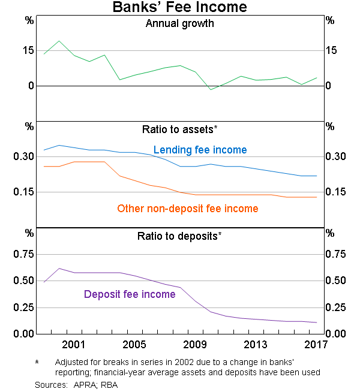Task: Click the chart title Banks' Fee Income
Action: [179, 8]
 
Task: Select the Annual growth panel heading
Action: [179, 25]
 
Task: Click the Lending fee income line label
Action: [200, 150]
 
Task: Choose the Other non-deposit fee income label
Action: [187, 209]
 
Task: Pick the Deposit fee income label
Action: [130, 294]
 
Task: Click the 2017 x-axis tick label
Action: [316, 345]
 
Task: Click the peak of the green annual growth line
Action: [59, 41]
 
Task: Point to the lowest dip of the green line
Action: [211, 89]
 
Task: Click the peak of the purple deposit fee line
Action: [59, 269]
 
